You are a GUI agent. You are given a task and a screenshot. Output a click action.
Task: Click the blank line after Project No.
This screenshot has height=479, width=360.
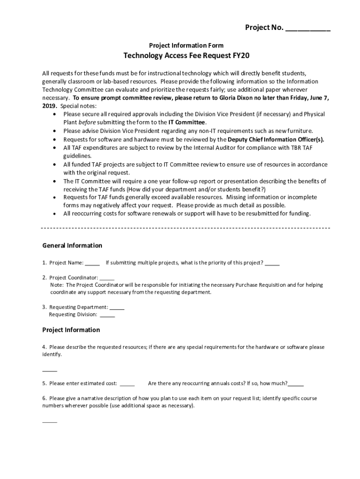click(308, 29)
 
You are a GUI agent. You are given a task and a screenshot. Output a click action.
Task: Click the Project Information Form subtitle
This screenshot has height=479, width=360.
click(186, 45)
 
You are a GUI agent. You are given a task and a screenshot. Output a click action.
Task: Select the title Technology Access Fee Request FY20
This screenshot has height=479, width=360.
click(186, 56)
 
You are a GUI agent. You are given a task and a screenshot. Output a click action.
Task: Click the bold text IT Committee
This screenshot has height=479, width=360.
click(187, 123)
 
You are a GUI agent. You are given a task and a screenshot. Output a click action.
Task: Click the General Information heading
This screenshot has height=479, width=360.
click(72, 246)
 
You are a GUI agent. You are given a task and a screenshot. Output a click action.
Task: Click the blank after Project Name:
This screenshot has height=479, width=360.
click(92, 263)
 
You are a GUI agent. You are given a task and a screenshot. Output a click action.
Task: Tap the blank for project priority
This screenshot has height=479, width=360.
click(272, 263)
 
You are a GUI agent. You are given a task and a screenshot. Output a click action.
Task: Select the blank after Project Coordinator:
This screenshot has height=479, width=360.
click(107, 277)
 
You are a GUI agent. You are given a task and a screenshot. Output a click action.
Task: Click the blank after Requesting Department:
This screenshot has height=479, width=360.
click(117, 307)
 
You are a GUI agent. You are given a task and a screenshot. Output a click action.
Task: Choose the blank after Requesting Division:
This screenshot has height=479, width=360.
click(107, 314)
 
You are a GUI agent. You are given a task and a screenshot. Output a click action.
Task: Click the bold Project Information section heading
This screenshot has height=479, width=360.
click(71, 330)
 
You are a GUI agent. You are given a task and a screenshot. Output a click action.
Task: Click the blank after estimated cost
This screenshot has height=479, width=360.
click(127, 384)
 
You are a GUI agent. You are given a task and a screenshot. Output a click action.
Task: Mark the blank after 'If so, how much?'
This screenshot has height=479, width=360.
click(296, 384)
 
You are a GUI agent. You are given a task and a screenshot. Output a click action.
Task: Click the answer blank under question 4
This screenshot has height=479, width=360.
click(50, 369)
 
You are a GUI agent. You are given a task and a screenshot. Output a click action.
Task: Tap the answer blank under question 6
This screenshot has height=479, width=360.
click(50, 421)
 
